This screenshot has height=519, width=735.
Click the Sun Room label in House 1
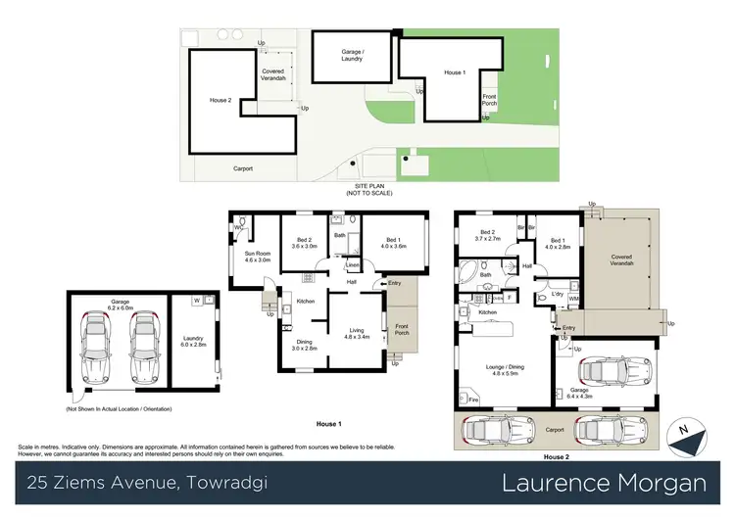tap(257, 257)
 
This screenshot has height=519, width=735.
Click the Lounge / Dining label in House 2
tap(504, 370)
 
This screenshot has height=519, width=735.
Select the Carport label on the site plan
tap(243, 168)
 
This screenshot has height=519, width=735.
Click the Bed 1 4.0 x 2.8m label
tap(558, 243)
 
